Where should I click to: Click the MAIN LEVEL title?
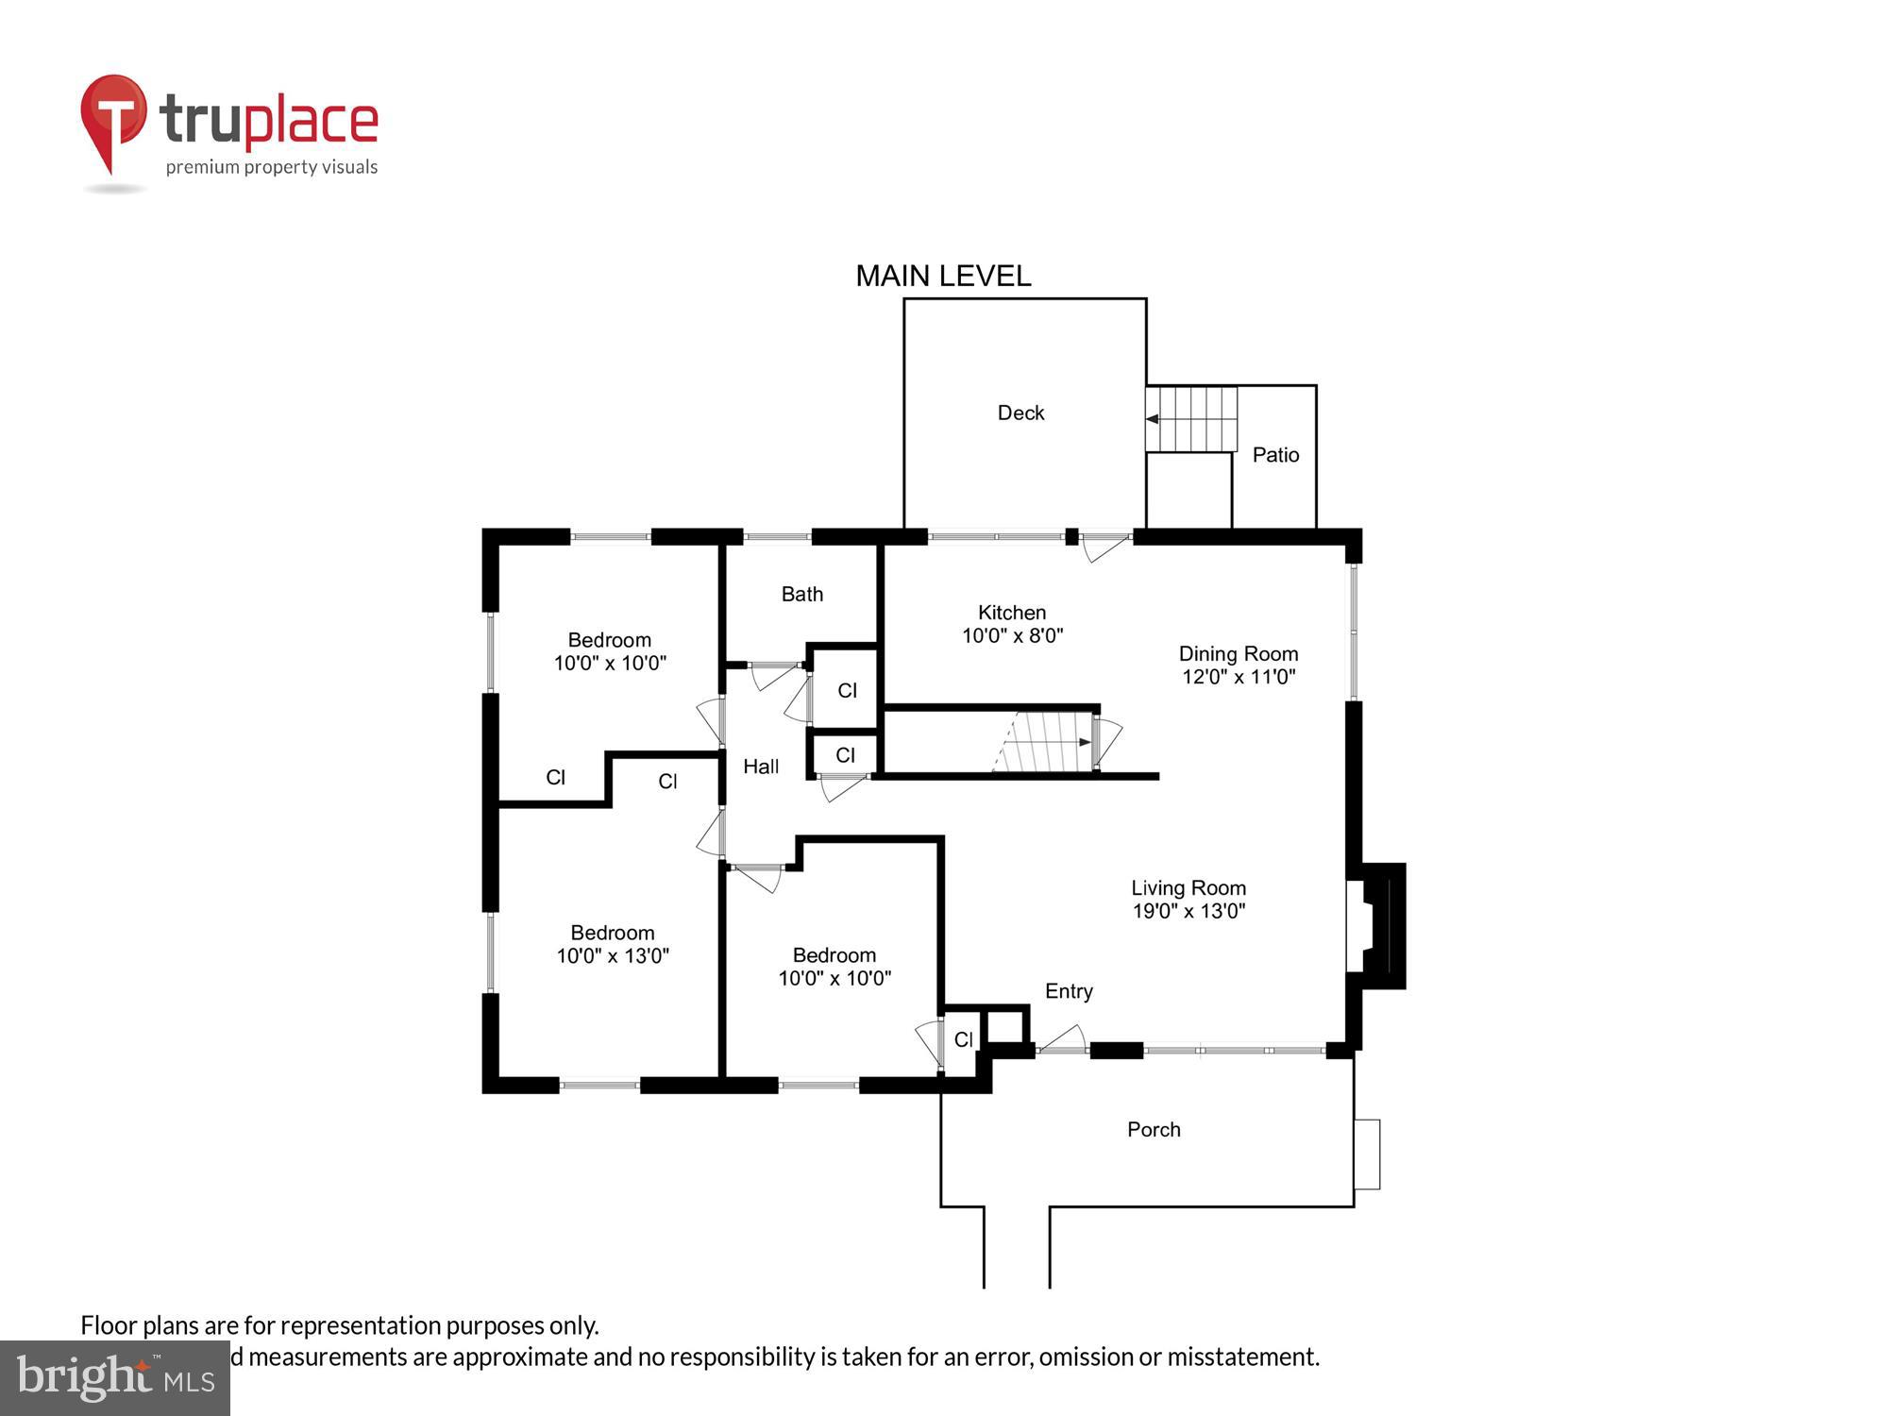[943, 276]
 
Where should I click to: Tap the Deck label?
[1020, 413]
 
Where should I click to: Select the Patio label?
[1275, 455]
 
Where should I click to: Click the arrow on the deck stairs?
[1154, 418]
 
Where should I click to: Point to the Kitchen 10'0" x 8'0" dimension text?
[1012, 635]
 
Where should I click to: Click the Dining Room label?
[1238, 653]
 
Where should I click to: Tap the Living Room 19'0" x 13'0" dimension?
[1188, 911]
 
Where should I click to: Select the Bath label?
[801, 594]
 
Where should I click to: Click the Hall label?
[761, 767]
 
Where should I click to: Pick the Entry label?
[1069, 991]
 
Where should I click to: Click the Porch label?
[1154, 1129]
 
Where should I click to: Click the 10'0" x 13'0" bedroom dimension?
[613, 955]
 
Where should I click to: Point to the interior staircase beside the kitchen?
[1043, 742]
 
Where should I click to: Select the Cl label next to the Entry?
[963, 1039]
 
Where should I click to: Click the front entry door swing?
[1065, 1039]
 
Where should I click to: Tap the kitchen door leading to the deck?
[1103, 546]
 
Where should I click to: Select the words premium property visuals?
[272, 167]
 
